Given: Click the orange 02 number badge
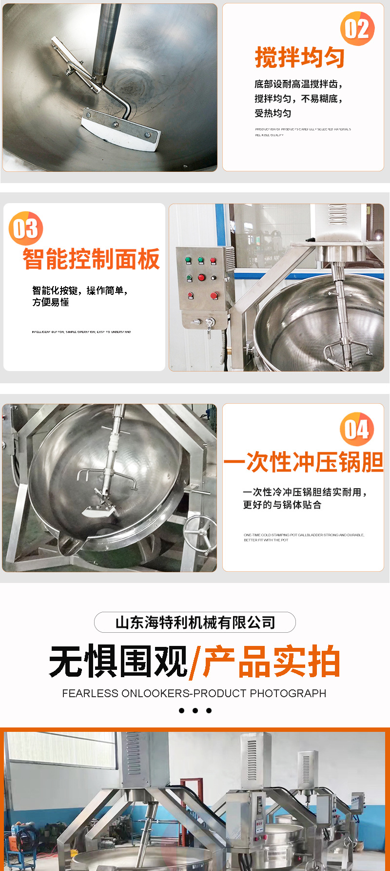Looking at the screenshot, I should [357, 29].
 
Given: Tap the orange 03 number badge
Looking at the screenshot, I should [26, 228].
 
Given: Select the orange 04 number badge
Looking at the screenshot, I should [357, 429].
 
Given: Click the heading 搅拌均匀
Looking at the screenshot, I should [299, 58].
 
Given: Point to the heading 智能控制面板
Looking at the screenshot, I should [91, 259].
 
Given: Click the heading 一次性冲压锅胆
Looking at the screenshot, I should [303, 462].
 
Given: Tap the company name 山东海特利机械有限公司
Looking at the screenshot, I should [195, 622].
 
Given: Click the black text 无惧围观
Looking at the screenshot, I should [118, 662].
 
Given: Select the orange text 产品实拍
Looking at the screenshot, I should [271, 662].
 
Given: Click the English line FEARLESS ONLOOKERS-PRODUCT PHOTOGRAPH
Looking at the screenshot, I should [194, 693].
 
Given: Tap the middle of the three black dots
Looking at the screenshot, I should [195, 710].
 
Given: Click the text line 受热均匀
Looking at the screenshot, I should [273, 113].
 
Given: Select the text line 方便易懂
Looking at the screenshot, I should [51, 303].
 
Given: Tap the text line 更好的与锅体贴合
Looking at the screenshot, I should [282, 505].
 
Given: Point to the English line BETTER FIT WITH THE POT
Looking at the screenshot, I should [266, 540].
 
